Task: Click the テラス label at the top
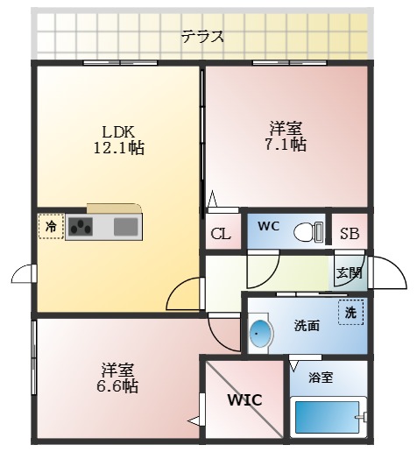pyautogui.click(x=202, y=37)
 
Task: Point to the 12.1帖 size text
pyautogui.click(x=118, y=148)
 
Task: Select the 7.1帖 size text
pyautogui.click(x=285, y=144)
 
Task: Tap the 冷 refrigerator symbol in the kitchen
pyautogui.click(x=51, y=226)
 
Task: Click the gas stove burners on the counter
pyautogui.click(x=81, y=227)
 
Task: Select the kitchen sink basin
pyautogui.click(x=125, y=227)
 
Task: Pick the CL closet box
pyautogui.click(x=222, y=234)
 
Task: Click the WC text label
pyautogui.click(x=268, y=225)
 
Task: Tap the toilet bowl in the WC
pyautogui.click(x=307, y=232)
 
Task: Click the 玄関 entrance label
pyautogui.click(x=349, y=272)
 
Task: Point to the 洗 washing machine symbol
pyautogui.click(x=350, y=313)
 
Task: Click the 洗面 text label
pyautogui.click(x=306, y=326)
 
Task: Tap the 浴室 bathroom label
pyautogui.click(x=321, y=378)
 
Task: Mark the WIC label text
pyautogui.click(x=245, y=400)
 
